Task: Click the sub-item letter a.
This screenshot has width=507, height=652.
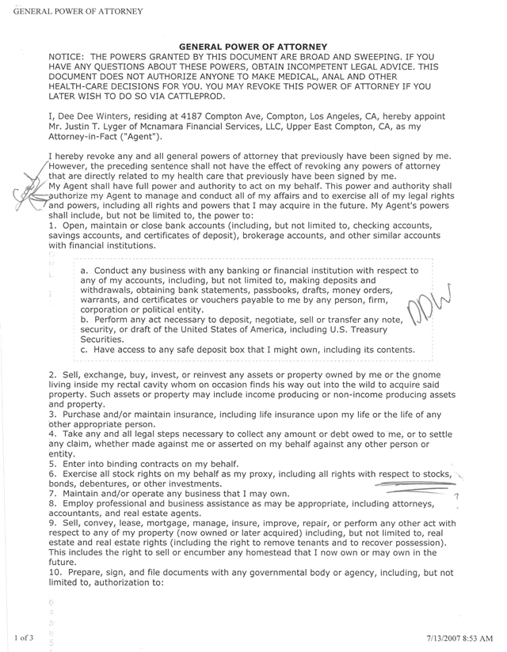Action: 84,271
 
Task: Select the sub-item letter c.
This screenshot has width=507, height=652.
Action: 84,350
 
